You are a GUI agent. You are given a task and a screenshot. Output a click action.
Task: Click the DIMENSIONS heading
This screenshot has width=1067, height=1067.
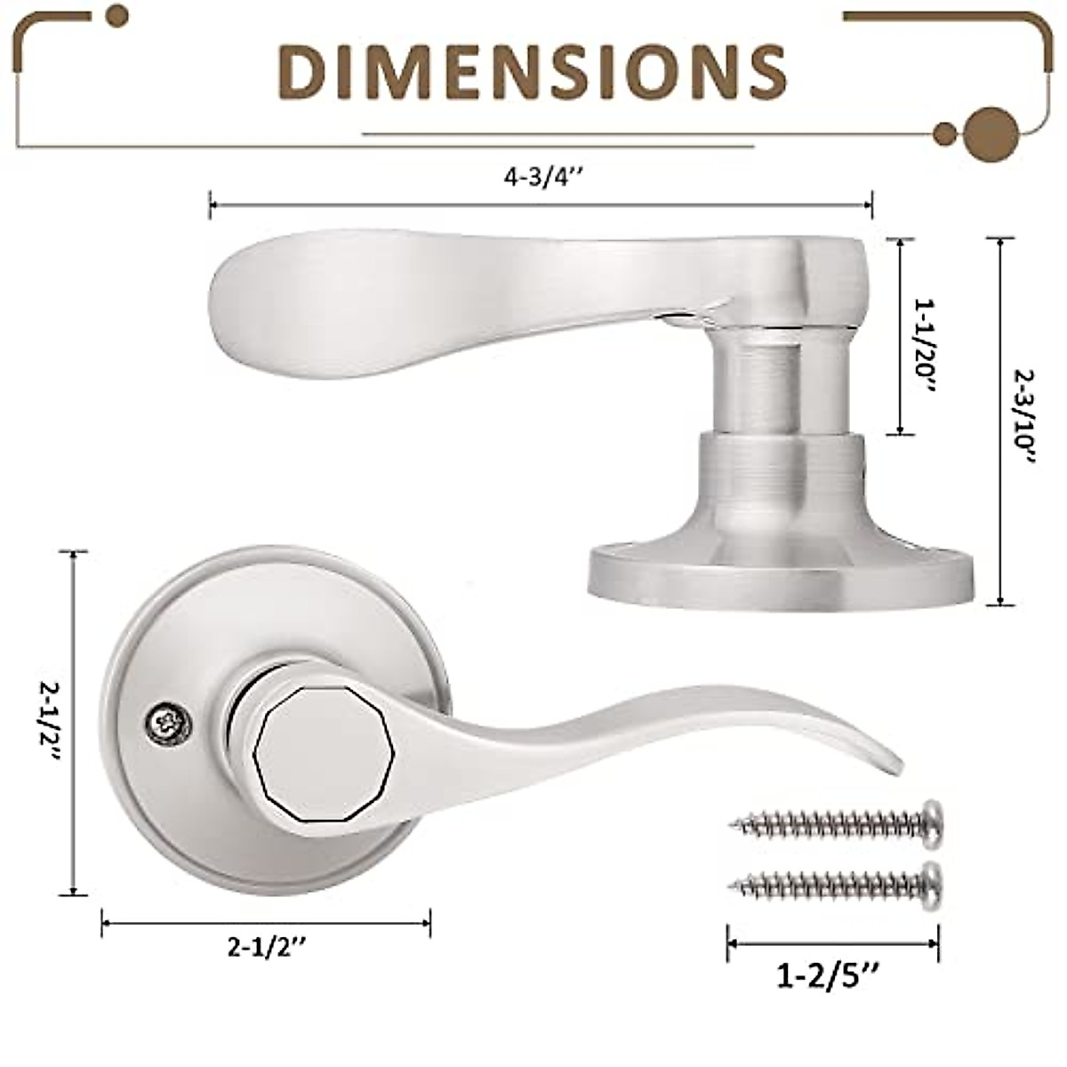click(x=533, y=70)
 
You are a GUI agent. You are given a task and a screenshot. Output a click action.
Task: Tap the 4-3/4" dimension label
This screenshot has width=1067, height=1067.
click(x=542, y=177)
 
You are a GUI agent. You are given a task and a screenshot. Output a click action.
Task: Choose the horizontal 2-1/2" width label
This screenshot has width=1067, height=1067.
click(x=266, y=949)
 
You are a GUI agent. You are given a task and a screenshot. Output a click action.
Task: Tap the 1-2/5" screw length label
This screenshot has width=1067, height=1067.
click(x=829, y=977)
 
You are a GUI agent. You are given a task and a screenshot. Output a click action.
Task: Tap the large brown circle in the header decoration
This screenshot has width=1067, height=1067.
click(x=990, y=134)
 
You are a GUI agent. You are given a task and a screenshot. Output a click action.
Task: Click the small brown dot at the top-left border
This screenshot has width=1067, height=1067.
click(x=116, y=15)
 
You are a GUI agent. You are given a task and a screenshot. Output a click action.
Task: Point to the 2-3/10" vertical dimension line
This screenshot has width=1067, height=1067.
click(x=1002, y=421)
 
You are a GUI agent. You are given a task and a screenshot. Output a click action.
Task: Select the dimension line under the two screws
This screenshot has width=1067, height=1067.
click(x=832, y=943)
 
